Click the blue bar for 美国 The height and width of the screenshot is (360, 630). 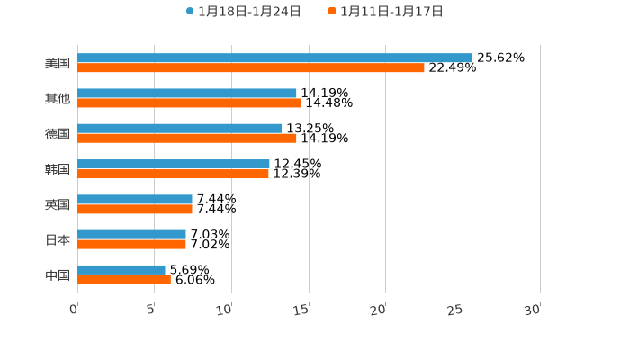274,58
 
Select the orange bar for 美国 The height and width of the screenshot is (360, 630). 251,68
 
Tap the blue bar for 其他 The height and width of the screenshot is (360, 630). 187,94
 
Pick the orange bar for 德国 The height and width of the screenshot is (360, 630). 187,139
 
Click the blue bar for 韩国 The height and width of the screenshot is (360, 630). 174,164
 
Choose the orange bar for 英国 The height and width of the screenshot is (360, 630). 135,209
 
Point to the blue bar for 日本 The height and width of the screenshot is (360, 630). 131,234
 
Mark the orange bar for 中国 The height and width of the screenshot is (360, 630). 124,279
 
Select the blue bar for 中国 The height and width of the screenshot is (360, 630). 121,269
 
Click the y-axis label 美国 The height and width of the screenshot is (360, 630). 58,63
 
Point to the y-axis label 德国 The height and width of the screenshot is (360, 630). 58,133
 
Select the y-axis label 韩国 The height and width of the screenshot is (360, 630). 58,169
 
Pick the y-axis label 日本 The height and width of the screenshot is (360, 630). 58,239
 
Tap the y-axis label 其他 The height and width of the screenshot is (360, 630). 58,98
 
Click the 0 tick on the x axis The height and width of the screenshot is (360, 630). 75,310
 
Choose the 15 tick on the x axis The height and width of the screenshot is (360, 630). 301,310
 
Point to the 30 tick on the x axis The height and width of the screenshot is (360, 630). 532,310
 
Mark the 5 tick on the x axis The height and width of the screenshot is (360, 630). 151,310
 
